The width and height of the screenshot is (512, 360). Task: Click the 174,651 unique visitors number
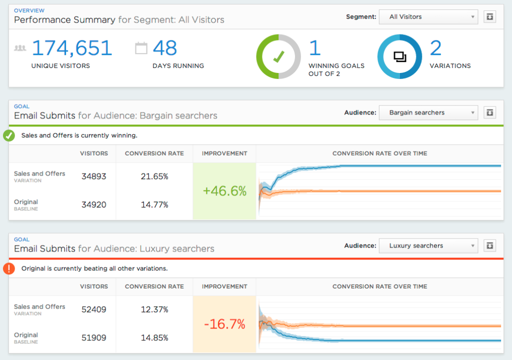[72, 48]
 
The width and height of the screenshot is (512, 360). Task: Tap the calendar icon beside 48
[141, 48]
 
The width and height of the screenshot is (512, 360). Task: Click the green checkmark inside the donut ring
[278, 57]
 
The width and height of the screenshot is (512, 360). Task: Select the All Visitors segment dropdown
[428, 16]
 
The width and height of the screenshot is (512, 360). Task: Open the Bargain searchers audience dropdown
[428, 112]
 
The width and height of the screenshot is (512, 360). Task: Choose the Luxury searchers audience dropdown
[428, 245]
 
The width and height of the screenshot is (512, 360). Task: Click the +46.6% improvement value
[224, 191]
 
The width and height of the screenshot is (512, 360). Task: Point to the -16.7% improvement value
[224, 324]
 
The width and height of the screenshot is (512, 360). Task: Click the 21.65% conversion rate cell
[154, 176]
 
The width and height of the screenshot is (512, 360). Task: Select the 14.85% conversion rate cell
[154, 337]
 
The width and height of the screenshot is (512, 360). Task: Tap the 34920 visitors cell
[94, 204]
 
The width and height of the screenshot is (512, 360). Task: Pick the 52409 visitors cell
[94, 309]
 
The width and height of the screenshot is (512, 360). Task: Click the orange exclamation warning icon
[9, 268]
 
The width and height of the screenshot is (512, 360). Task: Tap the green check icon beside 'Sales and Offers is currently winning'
[9, 135]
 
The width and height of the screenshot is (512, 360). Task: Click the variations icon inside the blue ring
[400, 57]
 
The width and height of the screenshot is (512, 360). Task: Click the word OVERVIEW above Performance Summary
[29, 10]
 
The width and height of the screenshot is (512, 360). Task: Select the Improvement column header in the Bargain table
[224, 153]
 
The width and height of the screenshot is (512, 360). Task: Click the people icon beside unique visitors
[20, 48]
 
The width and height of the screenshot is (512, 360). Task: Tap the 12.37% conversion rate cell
[154, 309]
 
